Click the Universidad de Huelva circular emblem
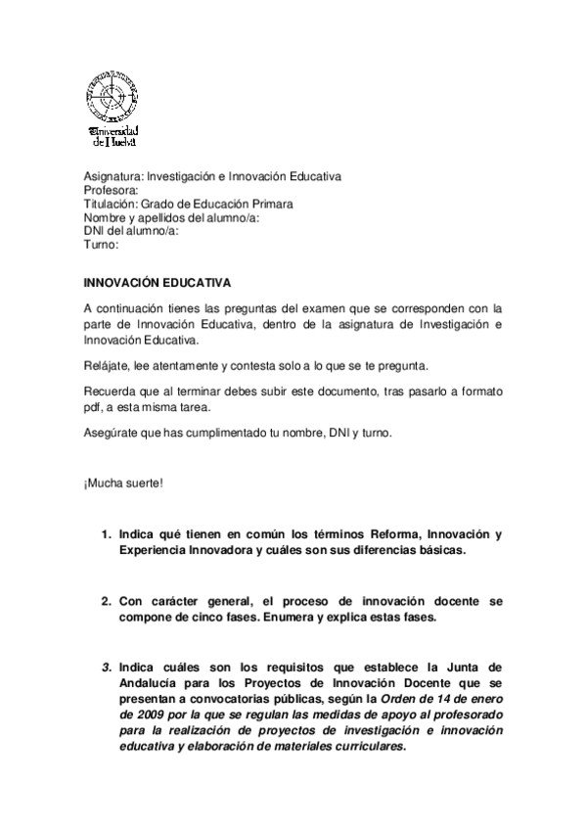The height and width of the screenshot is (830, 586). (x=112, y=96)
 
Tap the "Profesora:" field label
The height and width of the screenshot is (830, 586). (x=112, y=190)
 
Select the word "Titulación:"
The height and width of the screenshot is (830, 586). (x=111, y=204)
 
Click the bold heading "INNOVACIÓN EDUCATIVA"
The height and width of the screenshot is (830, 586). (x=157, y=284)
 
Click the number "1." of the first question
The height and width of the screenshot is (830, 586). (x=107, y=534)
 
